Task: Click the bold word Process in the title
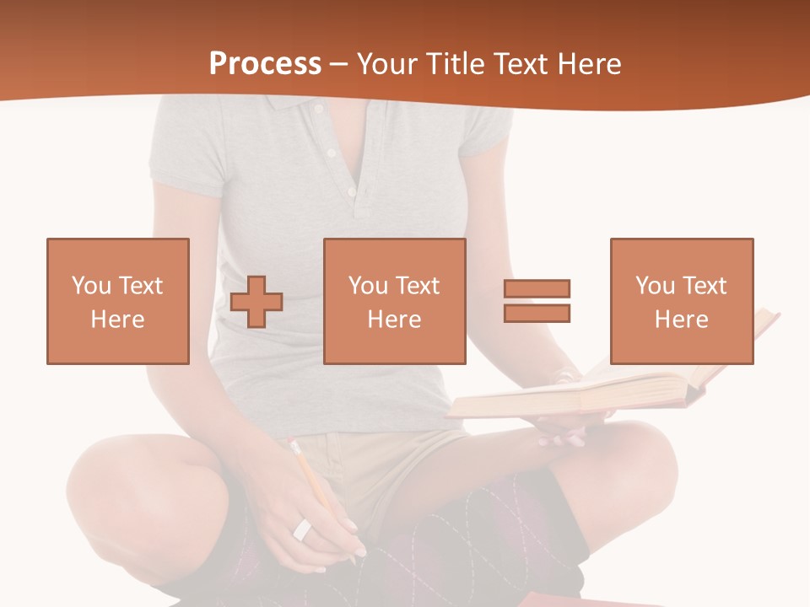[x=265, y=64]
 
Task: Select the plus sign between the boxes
[x=256, y=302]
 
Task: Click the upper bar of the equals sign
[x=537, y=289]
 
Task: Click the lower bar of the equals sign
[x=537, y=313]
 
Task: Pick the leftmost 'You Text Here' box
[x=117, y=301]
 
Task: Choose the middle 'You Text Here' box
[x=394, y=301]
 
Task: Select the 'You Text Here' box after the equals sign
[x=681, y=301]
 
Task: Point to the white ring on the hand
[x=302, y=530]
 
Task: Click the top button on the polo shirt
[x=332, y=153]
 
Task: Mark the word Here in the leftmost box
[x=117, y=320]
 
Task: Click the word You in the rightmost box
[x=655, y=286]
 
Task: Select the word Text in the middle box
[x=417, y=286]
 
